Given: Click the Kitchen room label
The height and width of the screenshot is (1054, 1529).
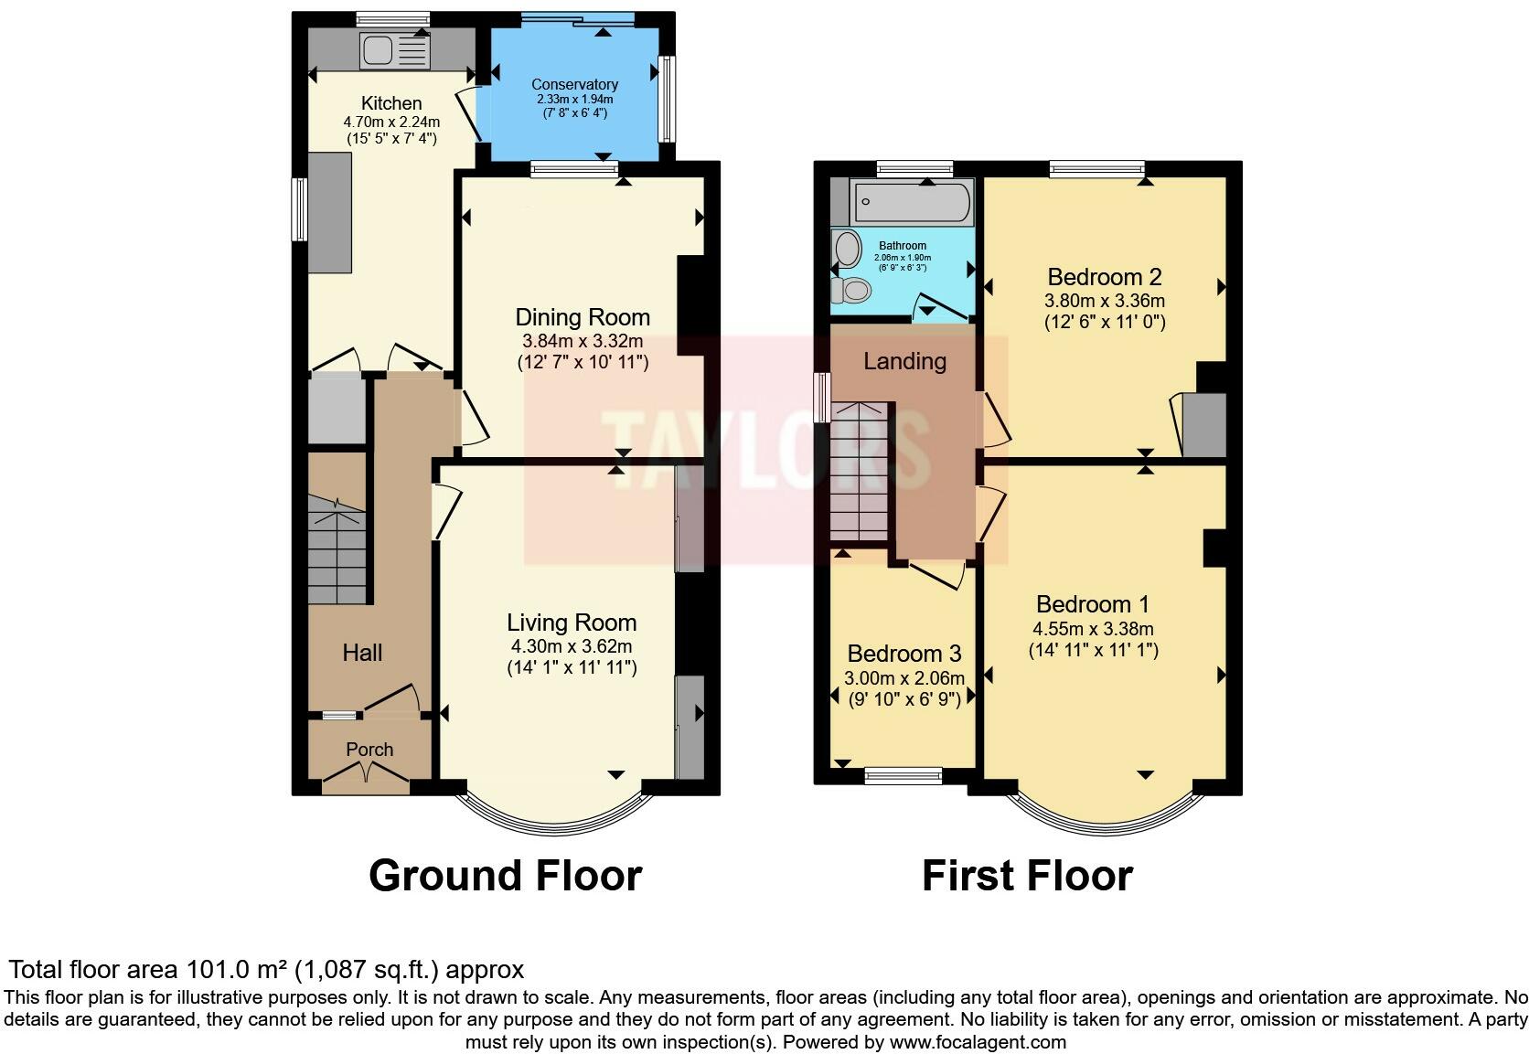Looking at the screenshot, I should pyautogui.click(x=391, y=103).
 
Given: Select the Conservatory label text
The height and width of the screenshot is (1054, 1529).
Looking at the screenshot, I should pyautogui.click(x=574, y=84).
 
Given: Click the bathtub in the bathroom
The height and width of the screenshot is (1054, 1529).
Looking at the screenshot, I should pyautogui.click(x=911, y=202).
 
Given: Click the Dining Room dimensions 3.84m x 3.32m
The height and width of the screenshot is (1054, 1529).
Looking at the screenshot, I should pyautogui.click(x=583, y=341).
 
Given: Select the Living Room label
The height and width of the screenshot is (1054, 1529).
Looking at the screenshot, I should pyautogui.click(x=572, y=623).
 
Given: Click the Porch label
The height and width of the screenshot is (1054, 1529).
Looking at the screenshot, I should pyautogui.click(x=369, y=750).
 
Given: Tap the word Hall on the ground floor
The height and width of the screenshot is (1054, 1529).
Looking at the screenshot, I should pyautogui.click(x=362, y=653).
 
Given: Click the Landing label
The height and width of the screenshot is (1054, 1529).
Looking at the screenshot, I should pyautogui.click(x=904, y=361).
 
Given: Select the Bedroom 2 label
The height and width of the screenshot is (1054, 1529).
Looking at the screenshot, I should pyautogui.click(x=1105, y=277).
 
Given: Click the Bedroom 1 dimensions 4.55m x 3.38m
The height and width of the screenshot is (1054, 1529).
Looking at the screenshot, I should pyautogui.click(x=1093, y=629).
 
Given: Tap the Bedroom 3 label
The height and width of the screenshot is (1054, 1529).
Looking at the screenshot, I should pyautogui.click(x=903, y=654).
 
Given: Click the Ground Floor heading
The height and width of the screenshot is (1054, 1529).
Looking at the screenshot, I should pyautogui.click(x=505, y=876).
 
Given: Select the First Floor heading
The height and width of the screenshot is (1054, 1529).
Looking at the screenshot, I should pyautogui.click(x=1027, y=876).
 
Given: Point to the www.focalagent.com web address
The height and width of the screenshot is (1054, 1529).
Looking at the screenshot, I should pyautogui.click(x=978, y=1042).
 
